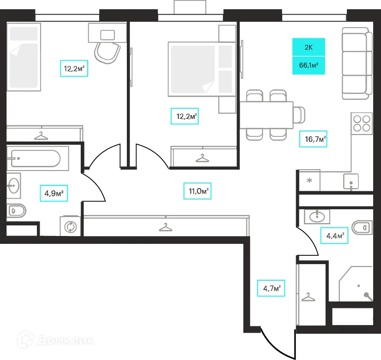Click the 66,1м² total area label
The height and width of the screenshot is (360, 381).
tap(309, 65)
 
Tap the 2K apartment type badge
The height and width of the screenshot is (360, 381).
tap(309, 47)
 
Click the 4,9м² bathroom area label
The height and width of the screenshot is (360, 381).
tap(54, 193)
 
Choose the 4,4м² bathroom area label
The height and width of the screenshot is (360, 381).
tap(334, 236)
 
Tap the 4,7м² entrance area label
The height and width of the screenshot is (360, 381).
tap(271, 288)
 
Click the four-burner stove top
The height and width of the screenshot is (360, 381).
tap(362, 124)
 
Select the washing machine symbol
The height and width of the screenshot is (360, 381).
tap(70, 226)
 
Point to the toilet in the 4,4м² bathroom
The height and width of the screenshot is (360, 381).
tap(362, 227)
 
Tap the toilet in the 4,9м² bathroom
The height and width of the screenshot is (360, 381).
tap(16, 211)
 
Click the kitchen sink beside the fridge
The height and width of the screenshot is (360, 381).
tap(351, 181)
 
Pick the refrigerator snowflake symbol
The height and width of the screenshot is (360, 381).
tap(310, 181)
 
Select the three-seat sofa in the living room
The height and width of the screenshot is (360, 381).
tap(357, 63)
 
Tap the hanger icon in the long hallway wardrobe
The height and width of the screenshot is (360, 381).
tap(166, 227)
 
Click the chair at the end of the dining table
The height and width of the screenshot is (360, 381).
tap(299, 115)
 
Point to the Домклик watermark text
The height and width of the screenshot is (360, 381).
tap(65, 341)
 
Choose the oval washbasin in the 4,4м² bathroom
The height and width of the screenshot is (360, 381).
tap(317, 216)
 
